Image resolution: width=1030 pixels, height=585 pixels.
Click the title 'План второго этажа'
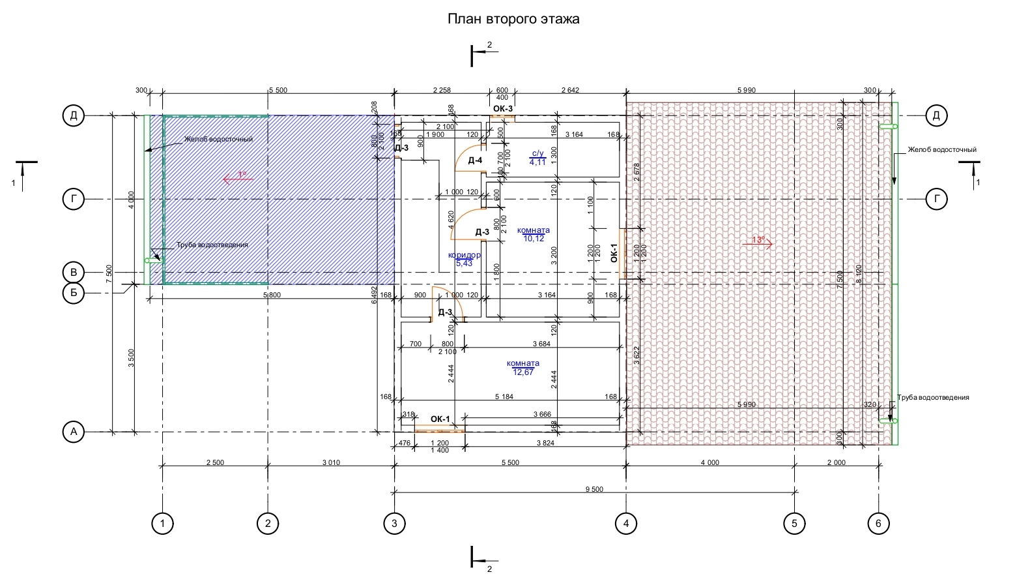click(x=513, y=19)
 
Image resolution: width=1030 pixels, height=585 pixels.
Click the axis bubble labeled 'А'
click(x=74, y=432)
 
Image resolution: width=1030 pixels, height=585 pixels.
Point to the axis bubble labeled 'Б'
click(x=74, y=293)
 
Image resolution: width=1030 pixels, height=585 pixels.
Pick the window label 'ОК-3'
click(x=503, y=108)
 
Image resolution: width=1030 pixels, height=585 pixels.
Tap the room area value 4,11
click(x=537, y=162)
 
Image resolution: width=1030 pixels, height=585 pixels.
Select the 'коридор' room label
click(x=465, y=255)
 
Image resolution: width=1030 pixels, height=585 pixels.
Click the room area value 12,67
click(x=523, y=372)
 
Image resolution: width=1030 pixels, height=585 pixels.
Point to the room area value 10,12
click(x=534, y=239)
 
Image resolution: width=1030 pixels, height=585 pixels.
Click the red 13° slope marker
click(x=758, y=240)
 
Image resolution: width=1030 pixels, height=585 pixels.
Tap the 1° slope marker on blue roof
click(x=242, y=175)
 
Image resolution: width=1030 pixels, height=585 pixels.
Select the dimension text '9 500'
click(x=594, y=489)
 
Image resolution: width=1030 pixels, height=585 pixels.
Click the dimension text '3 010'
click(x=331, y=462)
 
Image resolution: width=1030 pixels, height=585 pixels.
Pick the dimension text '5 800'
click(x=272, y=295)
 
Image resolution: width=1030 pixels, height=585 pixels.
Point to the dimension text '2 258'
click(x=442, y=90)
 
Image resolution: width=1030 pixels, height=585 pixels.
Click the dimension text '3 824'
click(x=545, y=443)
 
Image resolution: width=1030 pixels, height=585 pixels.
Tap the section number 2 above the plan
click(x=489, y=45)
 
